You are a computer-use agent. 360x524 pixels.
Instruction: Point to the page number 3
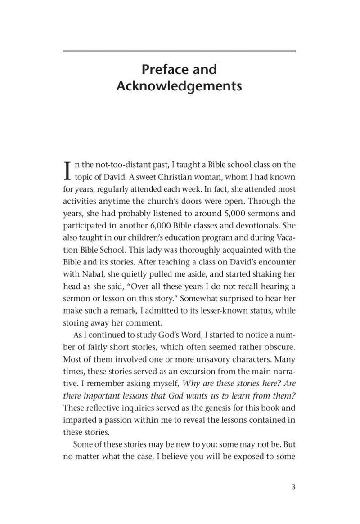(x=292, y=488)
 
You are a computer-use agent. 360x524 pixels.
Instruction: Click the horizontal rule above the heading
(x=179, y=51)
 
